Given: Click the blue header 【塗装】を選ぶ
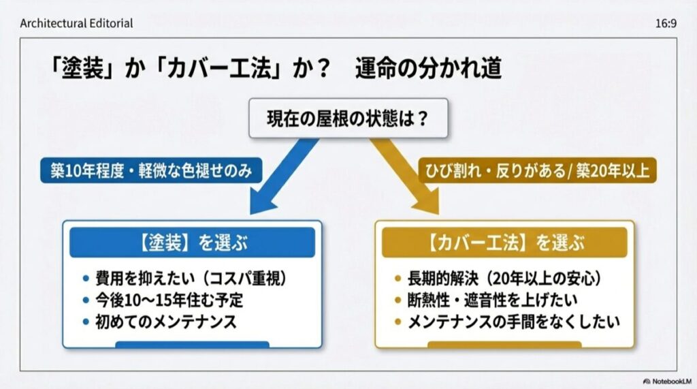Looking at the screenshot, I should pyautogui.click(x=192, y=243).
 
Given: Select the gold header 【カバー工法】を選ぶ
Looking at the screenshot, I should pyautogui.click(x=504, y=243).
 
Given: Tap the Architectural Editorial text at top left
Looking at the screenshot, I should pyautogui.click(x=76, y=23).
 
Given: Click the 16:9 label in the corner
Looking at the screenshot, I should pyautogui.click(x=665, y=23).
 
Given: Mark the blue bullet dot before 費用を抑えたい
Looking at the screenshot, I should pyautogui.click(x=85, y=279).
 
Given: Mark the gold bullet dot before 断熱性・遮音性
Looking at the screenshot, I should pyautogui.click(x=399, y=300).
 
